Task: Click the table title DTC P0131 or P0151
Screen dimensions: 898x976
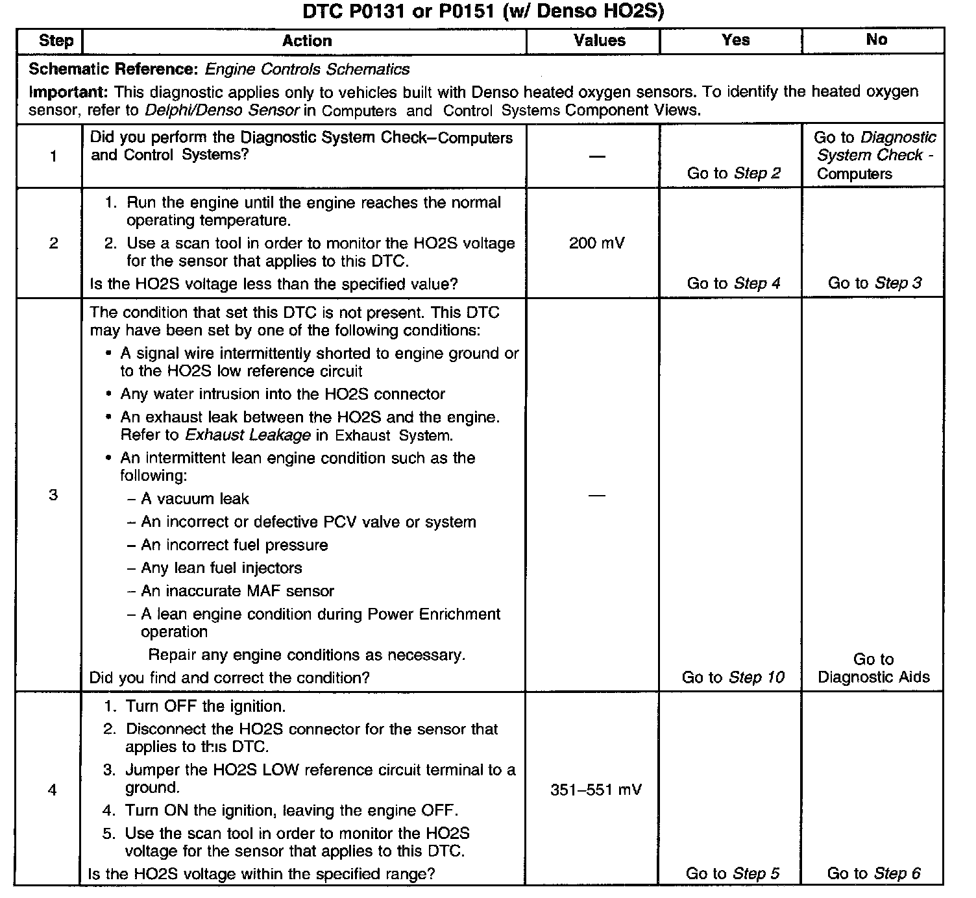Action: coord(483,12)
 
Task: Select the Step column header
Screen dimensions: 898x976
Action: coord(56,40)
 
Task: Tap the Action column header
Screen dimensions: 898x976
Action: coord(306,41)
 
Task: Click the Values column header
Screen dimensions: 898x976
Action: coord(599,40)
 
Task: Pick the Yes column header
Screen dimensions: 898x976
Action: coord(735,40)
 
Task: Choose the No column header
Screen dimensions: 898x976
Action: coord(876,40)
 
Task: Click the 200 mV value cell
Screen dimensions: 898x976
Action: coord(596,243)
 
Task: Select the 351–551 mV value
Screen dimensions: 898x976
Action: coord(596,790)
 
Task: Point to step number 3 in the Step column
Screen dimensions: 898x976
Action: coord(53,495)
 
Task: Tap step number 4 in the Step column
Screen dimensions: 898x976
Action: coord(53,790)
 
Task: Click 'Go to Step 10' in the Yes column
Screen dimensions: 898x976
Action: coord(733,677)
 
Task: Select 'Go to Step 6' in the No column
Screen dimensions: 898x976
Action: coord(873,873)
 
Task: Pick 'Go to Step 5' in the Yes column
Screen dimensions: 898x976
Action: coord(733,873)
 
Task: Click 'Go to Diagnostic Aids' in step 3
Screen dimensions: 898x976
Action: coord(873,668)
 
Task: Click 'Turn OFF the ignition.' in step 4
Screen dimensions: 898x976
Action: coord(205,706)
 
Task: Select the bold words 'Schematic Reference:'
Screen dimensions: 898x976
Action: coord(113,69)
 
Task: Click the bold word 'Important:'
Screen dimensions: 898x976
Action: coord(69,91)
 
